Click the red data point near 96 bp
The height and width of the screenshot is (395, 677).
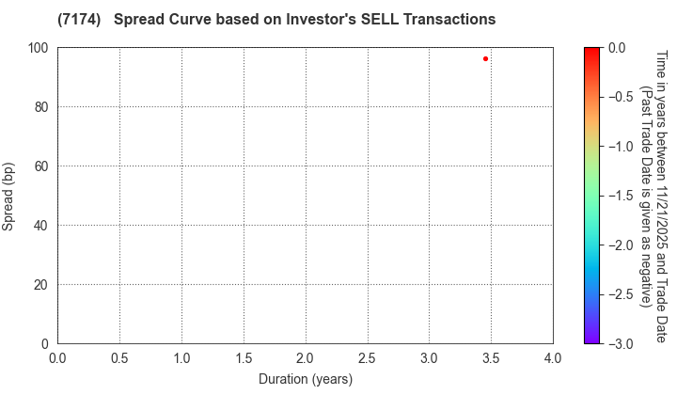(x=485, y=58)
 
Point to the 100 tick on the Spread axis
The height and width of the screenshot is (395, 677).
(x=40, y=48)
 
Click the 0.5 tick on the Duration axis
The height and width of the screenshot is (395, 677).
(x=119, y=357)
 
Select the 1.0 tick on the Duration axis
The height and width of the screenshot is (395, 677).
(x=181, y=357)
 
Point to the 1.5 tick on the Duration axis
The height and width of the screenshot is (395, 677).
(x=244, y=357)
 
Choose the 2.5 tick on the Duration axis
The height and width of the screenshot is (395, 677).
(x=368, y=357)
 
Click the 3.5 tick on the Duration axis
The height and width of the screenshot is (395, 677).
(x=491, y=357)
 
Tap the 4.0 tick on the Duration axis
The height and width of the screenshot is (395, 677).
(x=553, y=357)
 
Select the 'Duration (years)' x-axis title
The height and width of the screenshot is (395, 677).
(x=305, y=379)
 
